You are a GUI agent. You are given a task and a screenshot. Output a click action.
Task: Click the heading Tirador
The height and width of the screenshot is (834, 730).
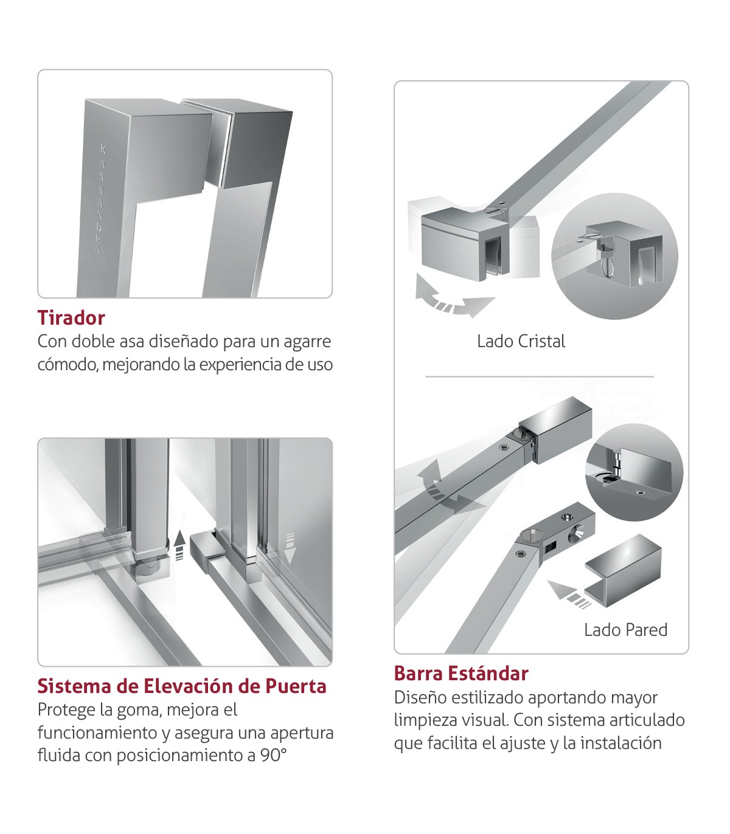pos(71,318)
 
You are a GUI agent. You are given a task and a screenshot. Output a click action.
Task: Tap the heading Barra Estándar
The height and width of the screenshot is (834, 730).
pos(461,674)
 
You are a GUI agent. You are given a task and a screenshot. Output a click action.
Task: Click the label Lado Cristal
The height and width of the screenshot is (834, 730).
pos(521,342)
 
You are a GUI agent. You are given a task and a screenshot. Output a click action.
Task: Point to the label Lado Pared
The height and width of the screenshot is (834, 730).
pos(625,630)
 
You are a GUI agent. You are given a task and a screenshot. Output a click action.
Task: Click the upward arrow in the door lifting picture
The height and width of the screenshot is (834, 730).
pos(179,546)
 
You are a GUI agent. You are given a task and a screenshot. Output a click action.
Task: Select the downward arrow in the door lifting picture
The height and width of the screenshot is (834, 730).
pos(290,548)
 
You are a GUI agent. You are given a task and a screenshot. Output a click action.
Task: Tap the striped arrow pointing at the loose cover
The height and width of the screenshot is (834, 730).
pos(569,594)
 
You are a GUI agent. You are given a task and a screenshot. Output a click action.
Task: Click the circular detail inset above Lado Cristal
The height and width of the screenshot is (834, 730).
pos(614,256)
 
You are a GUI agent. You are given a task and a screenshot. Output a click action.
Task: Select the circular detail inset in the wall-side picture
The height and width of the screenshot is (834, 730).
pos(634,474)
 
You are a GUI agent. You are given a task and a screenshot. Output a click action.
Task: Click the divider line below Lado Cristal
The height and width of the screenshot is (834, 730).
pos(540,377)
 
